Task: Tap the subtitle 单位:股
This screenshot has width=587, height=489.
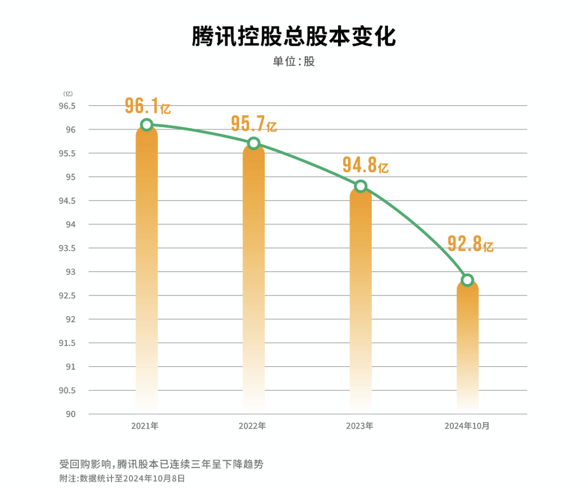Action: point(293,61)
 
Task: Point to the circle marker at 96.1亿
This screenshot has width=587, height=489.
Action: point(146,124)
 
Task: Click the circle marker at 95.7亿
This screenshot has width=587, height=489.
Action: point(253,143)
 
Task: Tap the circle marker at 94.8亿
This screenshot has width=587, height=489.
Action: point(360,186)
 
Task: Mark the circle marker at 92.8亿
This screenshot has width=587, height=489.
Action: point(467,280)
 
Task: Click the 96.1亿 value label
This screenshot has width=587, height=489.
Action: point(147,105)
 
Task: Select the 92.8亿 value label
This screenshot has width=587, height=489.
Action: point(470,243)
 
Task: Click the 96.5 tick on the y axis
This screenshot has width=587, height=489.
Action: point(67,106)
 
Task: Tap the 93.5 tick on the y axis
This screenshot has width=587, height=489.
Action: point(67,248)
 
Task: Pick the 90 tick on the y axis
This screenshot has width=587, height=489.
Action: point(71,414)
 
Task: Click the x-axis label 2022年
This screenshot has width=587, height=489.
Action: point(252,426)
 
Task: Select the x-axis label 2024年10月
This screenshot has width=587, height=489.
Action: point(466,426)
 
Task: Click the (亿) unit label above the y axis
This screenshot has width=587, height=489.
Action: point(68,94)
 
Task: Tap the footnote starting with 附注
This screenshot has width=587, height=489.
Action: point(122,478)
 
